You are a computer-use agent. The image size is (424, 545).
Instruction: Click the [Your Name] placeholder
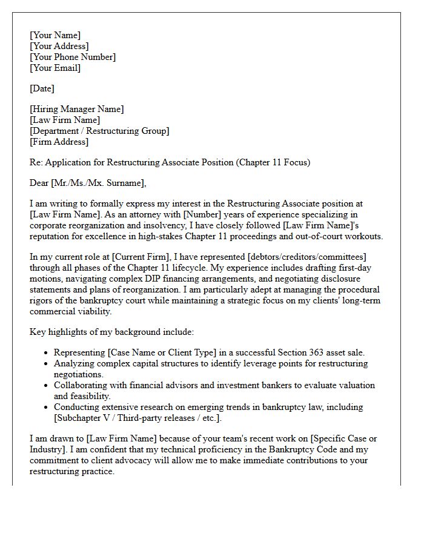pyautogui.click(x=55, y=35)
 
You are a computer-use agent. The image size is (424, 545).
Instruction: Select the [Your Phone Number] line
pyautogui.click(x=73, y=57)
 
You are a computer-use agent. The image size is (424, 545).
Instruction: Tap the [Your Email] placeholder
pyautogui.click(x=55, y=68)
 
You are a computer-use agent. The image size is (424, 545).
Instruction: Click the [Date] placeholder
pyautogui.click(x=42, y=88)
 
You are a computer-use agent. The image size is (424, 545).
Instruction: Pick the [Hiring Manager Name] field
pyautogui.click(x=76, y=109)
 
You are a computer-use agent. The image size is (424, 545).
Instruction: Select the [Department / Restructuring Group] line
pyautogui.click(x=99, y=131)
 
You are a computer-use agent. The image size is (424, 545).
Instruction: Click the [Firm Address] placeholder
pyautogui.click(x=59, y=142)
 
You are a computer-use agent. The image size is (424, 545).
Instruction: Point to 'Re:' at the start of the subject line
pyautogui.click(x=36, y=162)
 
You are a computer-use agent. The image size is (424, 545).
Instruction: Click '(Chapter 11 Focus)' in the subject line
pyautogui.click(x=273, y=162)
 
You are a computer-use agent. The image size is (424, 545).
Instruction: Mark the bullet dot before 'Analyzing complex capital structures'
pyautogui.click(x=46, y=364)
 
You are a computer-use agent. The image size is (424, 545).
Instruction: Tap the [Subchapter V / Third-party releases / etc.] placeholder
pyautogui.click(x=137, y=418)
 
